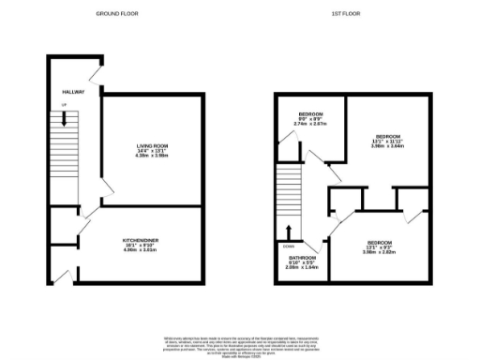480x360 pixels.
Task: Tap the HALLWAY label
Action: click(73, 92)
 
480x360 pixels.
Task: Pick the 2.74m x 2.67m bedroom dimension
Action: click(310, 124)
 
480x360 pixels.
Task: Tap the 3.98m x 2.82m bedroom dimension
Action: click(385, 251)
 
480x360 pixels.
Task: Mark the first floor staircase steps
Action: click(289, 187)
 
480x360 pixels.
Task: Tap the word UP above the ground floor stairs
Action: click(64, 106)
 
